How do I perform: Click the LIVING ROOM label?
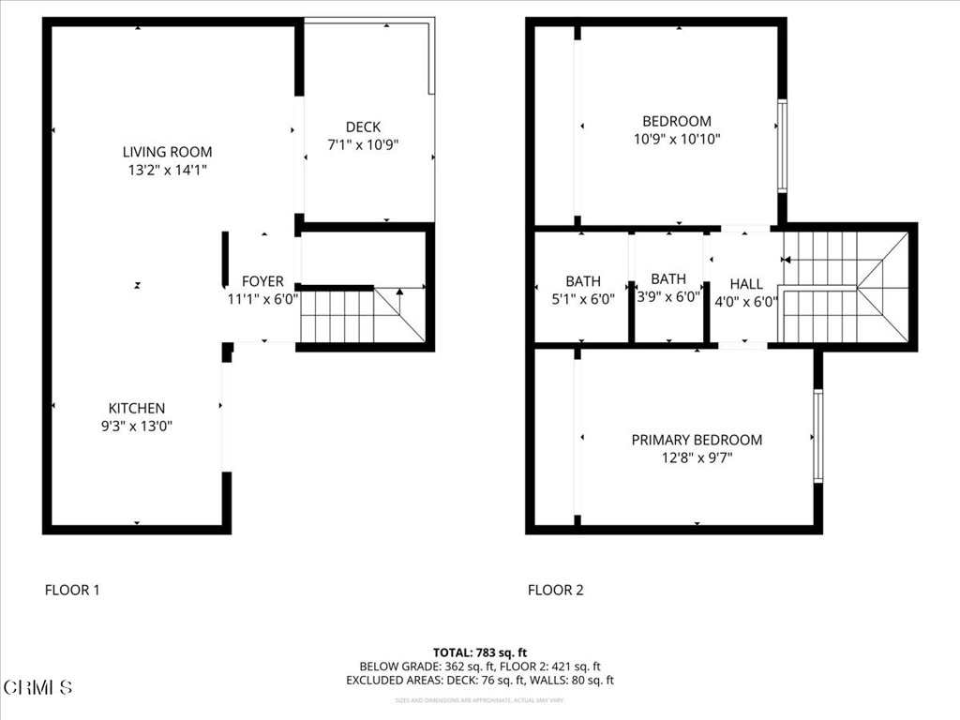[x=167, y=152]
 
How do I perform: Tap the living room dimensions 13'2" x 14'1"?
[x=167, y=171]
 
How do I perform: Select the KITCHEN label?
[x=137, y=408]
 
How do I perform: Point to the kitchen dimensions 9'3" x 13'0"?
[x=137, y=426]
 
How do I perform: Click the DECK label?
[x=363, y=127]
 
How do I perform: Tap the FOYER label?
[x=262, y=281]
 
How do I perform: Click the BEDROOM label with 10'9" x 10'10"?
[x=676, y=121]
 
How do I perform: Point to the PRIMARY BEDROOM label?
[x=697, y=440]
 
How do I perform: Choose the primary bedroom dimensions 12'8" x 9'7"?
[x=697, y=458]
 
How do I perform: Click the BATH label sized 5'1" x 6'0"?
[x=583, y=281]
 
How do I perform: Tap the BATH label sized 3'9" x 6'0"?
[x=668, y=278]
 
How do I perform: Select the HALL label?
[x=746, y=284]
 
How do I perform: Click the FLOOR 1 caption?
[x=72, y=590]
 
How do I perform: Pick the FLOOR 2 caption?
[x=555, y=590]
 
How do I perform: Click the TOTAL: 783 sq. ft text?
[x=480, y=652]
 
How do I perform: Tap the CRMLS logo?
[x=37, y=687]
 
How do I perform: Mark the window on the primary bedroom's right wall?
[x=817, y=436]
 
